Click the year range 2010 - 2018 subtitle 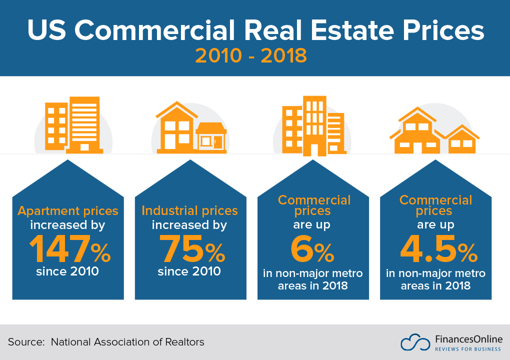(250, 55)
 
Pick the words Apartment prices (68, 210)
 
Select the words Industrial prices (190, 210)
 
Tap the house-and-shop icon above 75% (191, 128)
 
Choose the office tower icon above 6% (313, 125)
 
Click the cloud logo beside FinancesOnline (415, 342)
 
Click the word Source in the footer (23, 342)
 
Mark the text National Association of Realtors (127, 342)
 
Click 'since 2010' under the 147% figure (67, 272)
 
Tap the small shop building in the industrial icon (211, 137)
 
